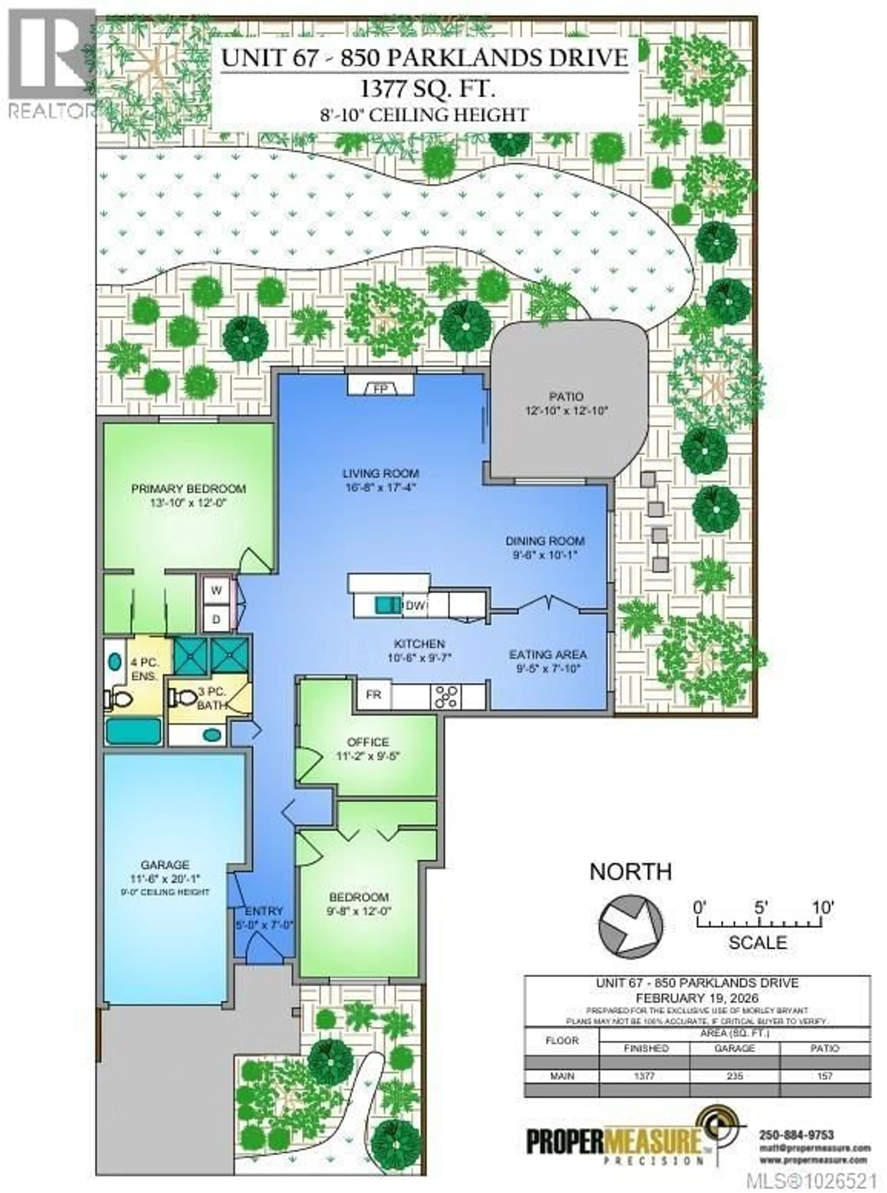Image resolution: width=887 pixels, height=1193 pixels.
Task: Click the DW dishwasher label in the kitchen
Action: (416, 605)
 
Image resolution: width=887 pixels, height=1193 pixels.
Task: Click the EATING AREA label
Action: (548, 655)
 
